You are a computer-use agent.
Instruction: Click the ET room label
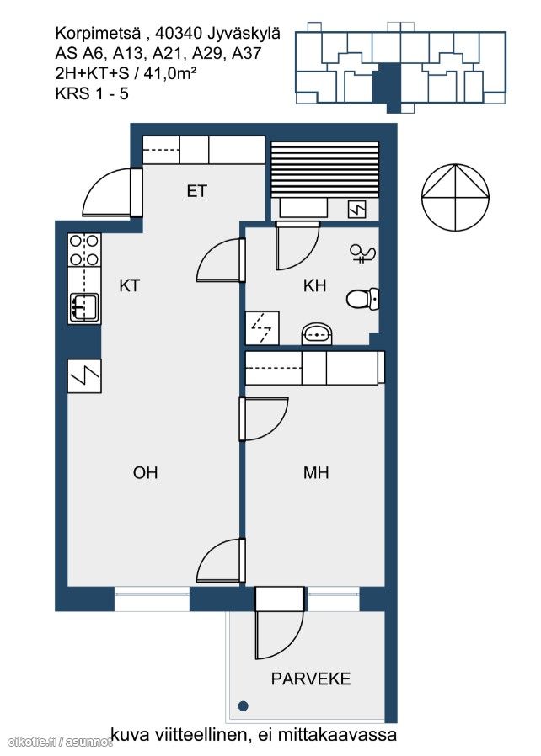point(196,191)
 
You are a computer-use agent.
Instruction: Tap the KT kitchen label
point(129,286)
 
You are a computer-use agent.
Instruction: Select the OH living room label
point(145,472)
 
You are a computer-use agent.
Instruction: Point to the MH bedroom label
point(316,472)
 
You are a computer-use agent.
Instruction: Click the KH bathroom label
point(314,286)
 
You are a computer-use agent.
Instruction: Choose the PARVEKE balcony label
point(311,679)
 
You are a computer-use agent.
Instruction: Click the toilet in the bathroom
point(362,299)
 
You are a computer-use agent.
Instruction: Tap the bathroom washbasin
point(317,333)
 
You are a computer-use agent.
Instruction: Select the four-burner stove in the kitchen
point(84,250)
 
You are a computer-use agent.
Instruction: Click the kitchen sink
point(84,307)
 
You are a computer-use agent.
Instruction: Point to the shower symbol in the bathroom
point(363,253)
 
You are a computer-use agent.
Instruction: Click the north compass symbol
point(456,197)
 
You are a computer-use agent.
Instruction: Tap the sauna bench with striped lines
point(324,170)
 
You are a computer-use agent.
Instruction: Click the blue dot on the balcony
point(244,705)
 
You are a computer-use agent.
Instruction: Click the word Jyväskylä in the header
point(244,34)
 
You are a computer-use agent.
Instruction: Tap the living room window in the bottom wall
point(152,599)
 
